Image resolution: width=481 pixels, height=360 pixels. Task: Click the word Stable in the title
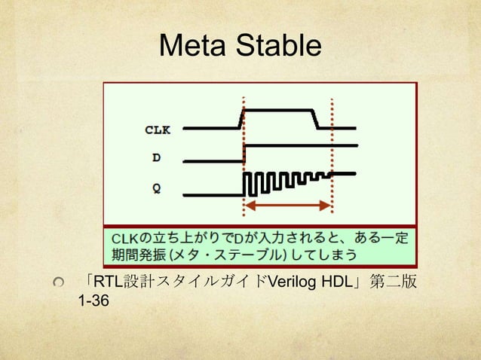click(277, 47)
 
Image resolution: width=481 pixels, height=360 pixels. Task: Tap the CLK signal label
click(158, 130)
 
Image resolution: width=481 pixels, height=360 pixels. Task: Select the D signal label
click(156, 158)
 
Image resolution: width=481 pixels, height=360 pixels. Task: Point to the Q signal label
click(156, 189)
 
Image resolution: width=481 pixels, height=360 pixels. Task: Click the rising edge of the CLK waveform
click(241, 119)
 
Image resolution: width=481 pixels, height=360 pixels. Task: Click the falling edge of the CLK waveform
click(316, 119)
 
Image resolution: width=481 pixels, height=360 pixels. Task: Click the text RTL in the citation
click(104, 282)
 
